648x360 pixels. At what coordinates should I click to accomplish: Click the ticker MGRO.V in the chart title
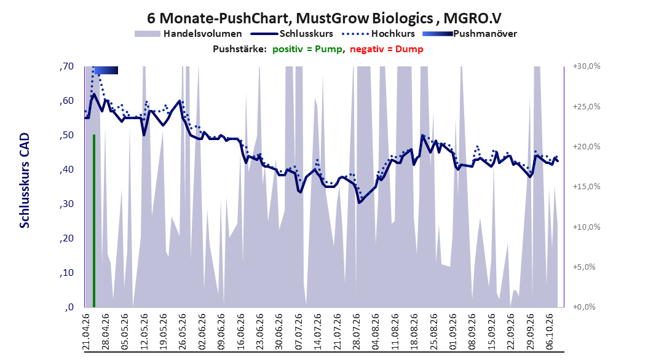(x=472, y=18)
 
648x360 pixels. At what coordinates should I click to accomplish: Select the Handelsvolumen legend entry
(x=189, y=34)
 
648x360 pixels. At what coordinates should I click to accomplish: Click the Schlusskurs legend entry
(x=292, y=34)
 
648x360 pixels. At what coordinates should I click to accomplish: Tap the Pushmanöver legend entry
(x=470, y=34)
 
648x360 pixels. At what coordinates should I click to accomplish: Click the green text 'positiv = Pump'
(x=307, y=49)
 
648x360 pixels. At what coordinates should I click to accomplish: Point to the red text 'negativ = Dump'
(x=387, y=49)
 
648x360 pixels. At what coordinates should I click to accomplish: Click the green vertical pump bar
(x=94, y=221)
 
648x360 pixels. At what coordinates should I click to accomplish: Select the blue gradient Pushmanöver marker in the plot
(x=106, y=71)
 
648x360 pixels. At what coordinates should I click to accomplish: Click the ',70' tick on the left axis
(x=66, y=66)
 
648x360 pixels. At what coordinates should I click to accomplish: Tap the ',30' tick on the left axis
(x=66, y=204)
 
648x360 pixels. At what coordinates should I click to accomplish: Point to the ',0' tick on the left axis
(x=69, y=307)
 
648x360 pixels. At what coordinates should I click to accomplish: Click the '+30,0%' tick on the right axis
(x=587, y=66)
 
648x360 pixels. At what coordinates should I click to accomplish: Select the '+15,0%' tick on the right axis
(x=587, y=187)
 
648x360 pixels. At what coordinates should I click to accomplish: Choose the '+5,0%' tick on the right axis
(x=584, y=267)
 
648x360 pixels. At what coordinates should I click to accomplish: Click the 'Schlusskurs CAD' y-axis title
(x=25, y=181)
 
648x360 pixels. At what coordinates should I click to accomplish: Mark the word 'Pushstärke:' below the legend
(x=240, y=49)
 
